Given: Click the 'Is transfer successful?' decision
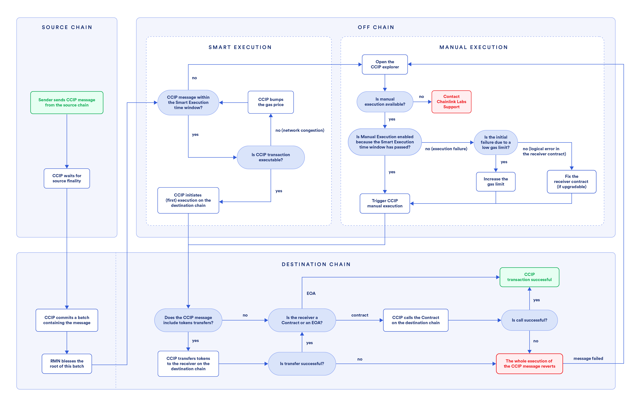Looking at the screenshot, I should [x=302, y=364].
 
